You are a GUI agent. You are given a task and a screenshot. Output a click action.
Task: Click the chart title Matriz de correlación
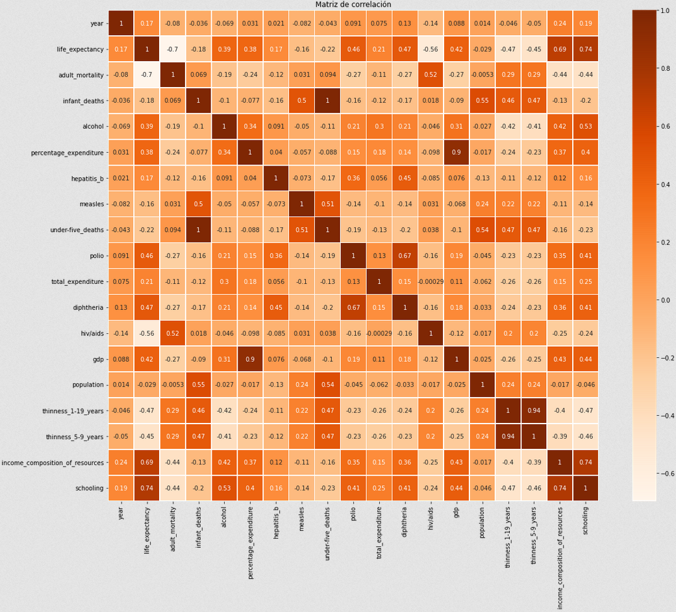353,5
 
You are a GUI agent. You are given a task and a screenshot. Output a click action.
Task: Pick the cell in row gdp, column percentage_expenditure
250,359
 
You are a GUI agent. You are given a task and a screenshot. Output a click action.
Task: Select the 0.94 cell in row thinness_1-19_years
534,410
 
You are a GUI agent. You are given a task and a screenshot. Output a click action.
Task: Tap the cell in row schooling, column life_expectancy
147,487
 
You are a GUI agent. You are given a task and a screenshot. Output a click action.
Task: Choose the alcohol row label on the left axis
92,127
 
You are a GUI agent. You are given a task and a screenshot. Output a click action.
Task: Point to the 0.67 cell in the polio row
405,255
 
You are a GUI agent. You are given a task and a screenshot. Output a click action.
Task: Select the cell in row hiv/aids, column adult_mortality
173,333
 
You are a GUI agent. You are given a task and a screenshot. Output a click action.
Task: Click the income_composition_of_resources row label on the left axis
53,462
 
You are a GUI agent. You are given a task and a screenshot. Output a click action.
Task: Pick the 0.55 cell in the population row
199,384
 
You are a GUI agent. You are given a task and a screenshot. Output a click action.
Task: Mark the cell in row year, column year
121,23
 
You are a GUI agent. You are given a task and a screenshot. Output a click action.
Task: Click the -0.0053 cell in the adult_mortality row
482,75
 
